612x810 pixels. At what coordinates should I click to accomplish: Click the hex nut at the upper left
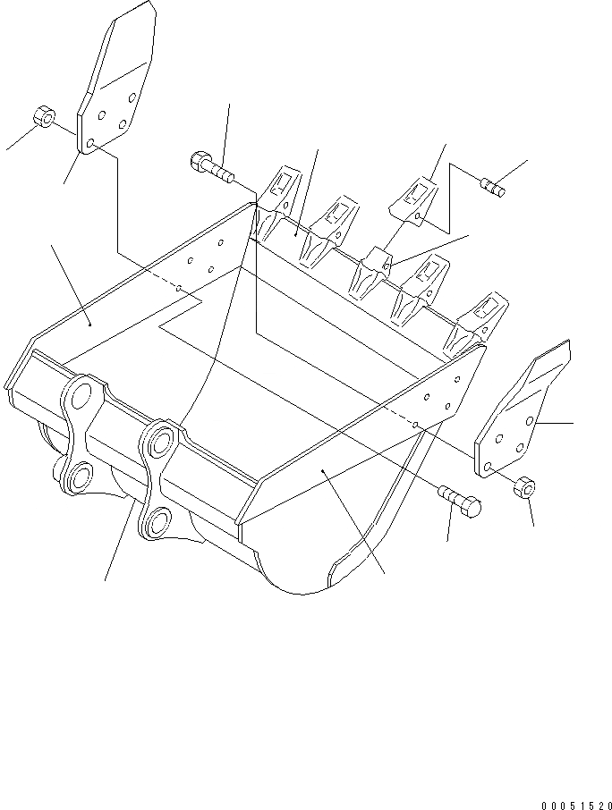click(x=41, y=117)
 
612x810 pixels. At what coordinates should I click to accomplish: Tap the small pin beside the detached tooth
click(x=493, y=188)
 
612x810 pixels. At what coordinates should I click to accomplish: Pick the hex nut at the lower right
click(x=525, y=488)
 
